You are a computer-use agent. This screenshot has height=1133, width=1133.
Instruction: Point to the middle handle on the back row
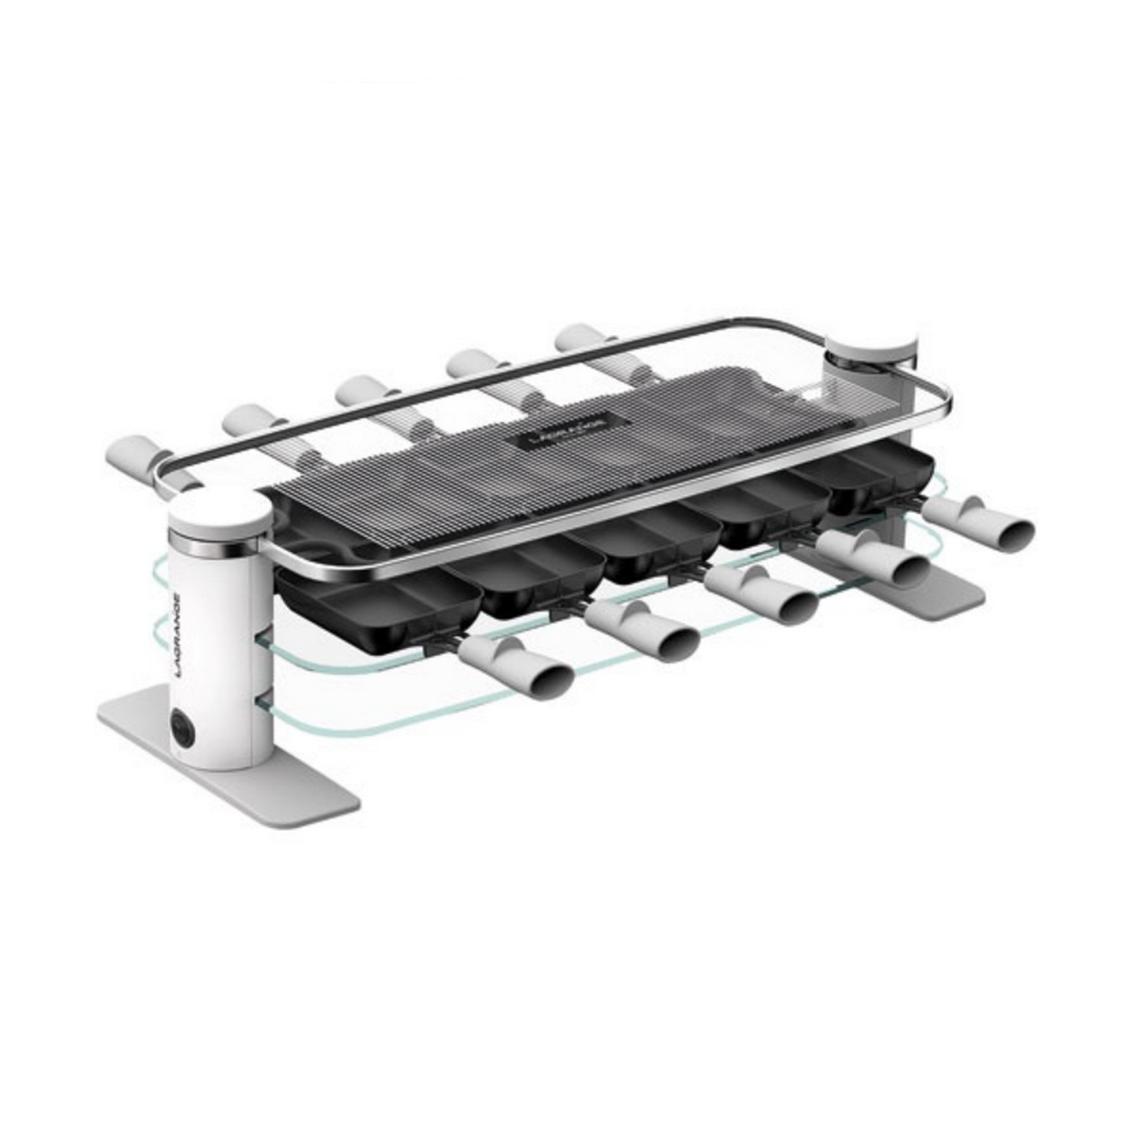(x=364, y=394)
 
